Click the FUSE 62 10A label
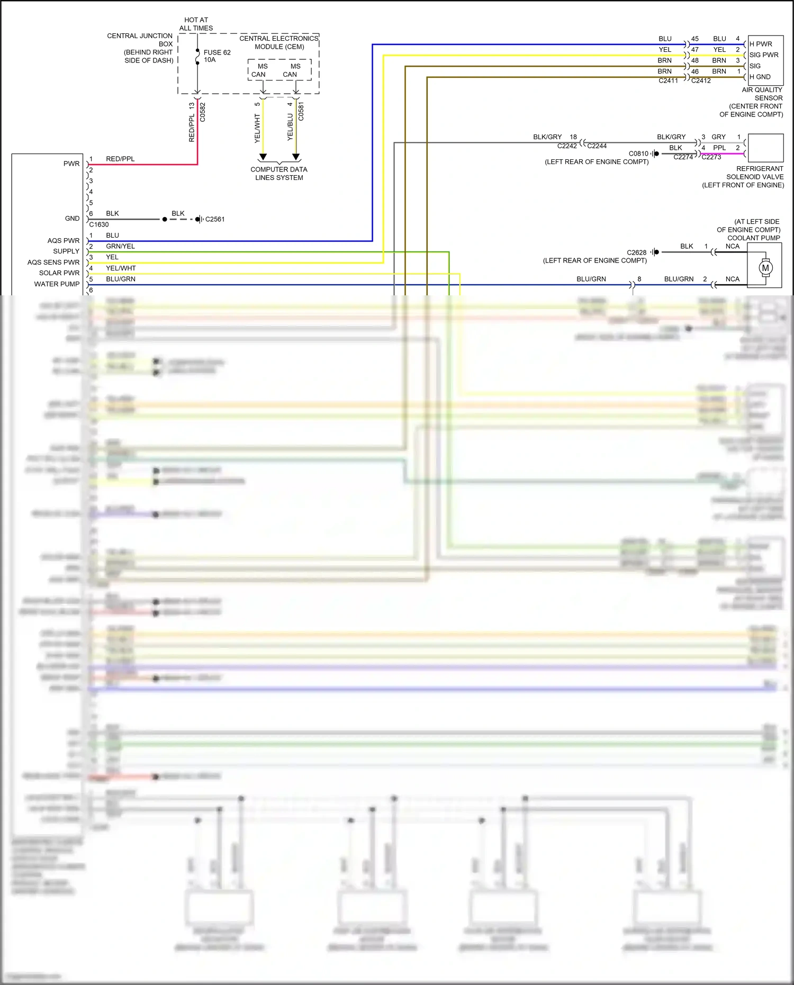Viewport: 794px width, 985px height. tap(216, 56)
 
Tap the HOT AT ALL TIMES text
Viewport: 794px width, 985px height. tap(196, 24)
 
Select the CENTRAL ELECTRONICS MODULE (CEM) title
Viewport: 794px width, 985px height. tap(279, 42)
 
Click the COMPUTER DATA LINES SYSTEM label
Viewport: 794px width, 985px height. tap(279, 174)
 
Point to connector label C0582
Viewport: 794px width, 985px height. tap(203, 112)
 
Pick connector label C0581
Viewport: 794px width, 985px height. tap(301, 111)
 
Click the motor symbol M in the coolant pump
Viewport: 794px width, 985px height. tap(765, 268)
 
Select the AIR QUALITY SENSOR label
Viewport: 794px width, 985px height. tap(762, 94)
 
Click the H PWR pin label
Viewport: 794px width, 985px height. tap(761, 44)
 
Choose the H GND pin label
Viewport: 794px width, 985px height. tap(760, 77)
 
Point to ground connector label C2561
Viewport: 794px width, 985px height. tap(215, 219)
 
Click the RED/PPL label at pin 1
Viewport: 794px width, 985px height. tap(120, 159)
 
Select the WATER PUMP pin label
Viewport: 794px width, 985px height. tap(57, 284)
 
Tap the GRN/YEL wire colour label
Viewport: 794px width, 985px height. tap(120, 246)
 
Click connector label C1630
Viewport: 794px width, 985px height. tap(99, 224)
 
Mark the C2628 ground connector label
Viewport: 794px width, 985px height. tap(637, 252)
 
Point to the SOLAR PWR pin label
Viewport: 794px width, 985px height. tap(59, 273)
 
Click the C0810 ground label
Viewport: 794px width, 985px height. tap(638, 153)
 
